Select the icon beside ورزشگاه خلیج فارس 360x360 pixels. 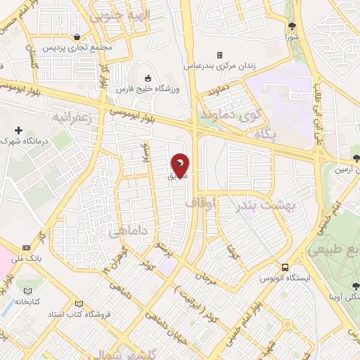point(147,77)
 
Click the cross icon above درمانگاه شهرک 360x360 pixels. point(18,130)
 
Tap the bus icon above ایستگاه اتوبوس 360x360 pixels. point(285,267)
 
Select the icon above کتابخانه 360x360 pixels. point(28,291)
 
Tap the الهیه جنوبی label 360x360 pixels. point(120,15)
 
